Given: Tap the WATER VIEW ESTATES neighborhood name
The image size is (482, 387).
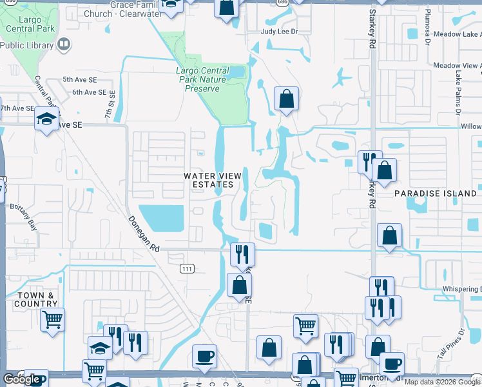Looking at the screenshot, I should coord(212,180).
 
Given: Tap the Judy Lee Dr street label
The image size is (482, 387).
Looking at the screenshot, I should coord(280,31).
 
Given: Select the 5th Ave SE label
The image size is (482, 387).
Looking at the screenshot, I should coord(79,79).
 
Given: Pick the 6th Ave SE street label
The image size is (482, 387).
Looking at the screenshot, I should coord(89,92).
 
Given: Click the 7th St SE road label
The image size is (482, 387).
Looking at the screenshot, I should coord(110,107).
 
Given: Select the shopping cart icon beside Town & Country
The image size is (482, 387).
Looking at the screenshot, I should coord(52,319).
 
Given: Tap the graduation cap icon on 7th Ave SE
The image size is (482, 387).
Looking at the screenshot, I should coord(46,118).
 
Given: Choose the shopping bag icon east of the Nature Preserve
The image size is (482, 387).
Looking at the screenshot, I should coord(286,99).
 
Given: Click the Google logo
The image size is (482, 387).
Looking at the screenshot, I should coord(21,379).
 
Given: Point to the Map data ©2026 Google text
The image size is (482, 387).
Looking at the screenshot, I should coord(441,382).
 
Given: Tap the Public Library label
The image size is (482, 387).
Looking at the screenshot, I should coord(28,45).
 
